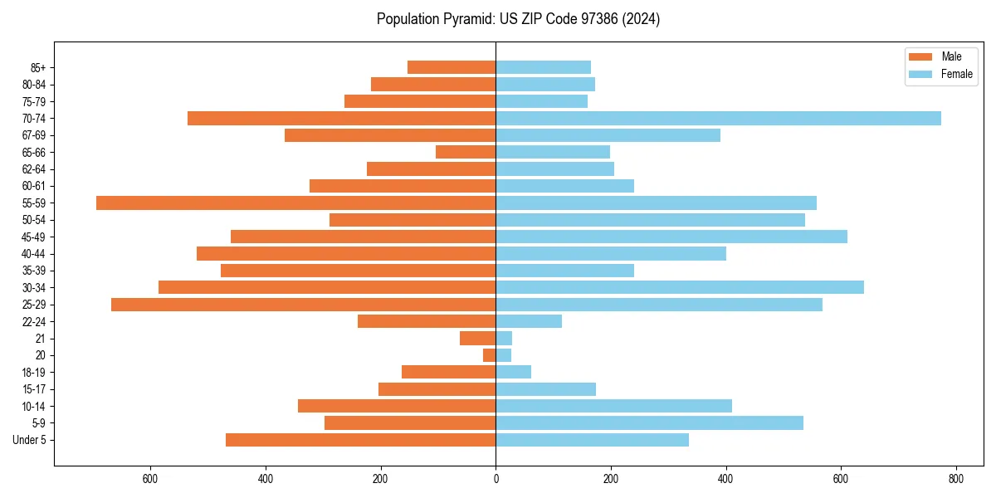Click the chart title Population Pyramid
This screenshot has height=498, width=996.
click(518, 19)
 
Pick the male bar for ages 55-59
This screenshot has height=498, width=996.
click(295, 203)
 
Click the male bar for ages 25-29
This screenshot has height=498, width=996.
click(303, 305)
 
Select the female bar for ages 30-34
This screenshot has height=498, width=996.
click(679, 287)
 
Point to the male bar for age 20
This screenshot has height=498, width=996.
click(489, 355)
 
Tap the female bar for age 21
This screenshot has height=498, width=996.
click(504, 339)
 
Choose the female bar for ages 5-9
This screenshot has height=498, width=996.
click(649, 423)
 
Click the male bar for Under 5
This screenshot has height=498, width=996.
click(360, 440)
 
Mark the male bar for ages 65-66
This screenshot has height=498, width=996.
click(466, 152)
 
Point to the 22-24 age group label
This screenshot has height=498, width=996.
click(33, 321)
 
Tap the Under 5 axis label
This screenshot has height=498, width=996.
click(29, 440)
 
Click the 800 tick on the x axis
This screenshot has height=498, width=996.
click(956, 479)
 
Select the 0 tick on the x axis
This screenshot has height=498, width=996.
click(496, 479)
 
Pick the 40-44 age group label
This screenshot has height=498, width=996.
click(33, 254)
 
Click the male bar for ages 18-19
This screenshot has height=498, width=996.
click(448, 372)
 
